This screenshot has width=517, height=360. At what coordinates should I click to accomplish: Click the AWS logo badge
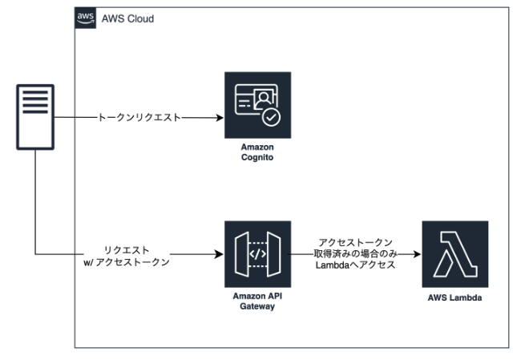click(84, 18)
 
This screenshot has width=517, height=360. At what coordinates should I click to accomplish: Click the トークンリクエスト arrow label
click(138, 118)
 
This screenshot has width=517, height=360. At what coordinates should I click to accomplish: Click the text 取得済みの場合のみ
click(357, 254)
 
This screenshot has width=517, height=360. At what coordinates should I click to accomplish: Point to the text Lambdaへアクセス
click(357, 265)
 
